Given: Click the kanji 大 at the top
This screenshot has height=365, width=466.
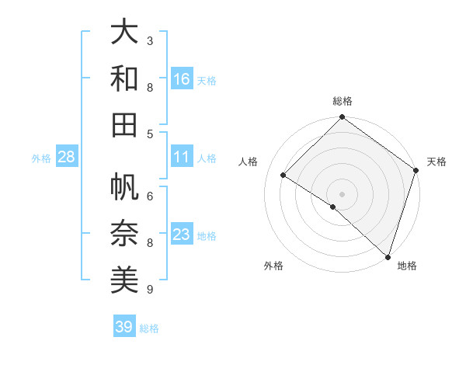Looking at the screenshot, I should point(124,32).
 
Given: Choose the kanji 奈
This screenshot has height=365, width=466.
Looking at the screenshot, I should point(124,234).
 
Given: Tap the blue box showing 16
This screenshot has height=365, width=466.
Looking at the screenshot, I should point(182,79).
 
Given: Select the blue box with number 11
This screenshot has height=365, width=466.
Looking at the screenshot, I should point(182,157).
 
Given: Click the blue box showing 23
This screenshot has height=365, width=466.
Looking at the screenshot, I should point(182,235).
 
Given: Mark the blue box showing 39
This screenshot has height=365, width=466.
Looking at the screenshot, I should point(124,327).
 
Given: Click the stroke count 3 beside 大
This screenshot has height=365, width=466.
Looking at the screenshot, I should point(150,40).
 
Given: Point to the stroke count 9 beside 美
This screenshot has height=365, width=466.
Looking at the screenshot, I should point(150,290).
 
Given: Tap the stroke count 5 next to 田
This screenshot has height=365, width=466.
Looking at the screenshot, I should point(150,134).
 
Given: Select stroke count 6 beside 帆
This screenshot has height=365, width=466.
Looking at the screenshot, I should point(150,196).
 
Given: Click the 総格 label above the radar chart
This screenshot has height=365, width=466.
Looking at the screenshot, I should point(343,101).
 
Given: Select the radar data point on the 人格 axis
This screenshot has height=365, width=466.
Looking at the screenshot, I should point(283,176).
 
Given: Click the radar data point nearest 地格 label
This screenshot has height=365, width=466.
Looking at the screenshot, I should point(387,255).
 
